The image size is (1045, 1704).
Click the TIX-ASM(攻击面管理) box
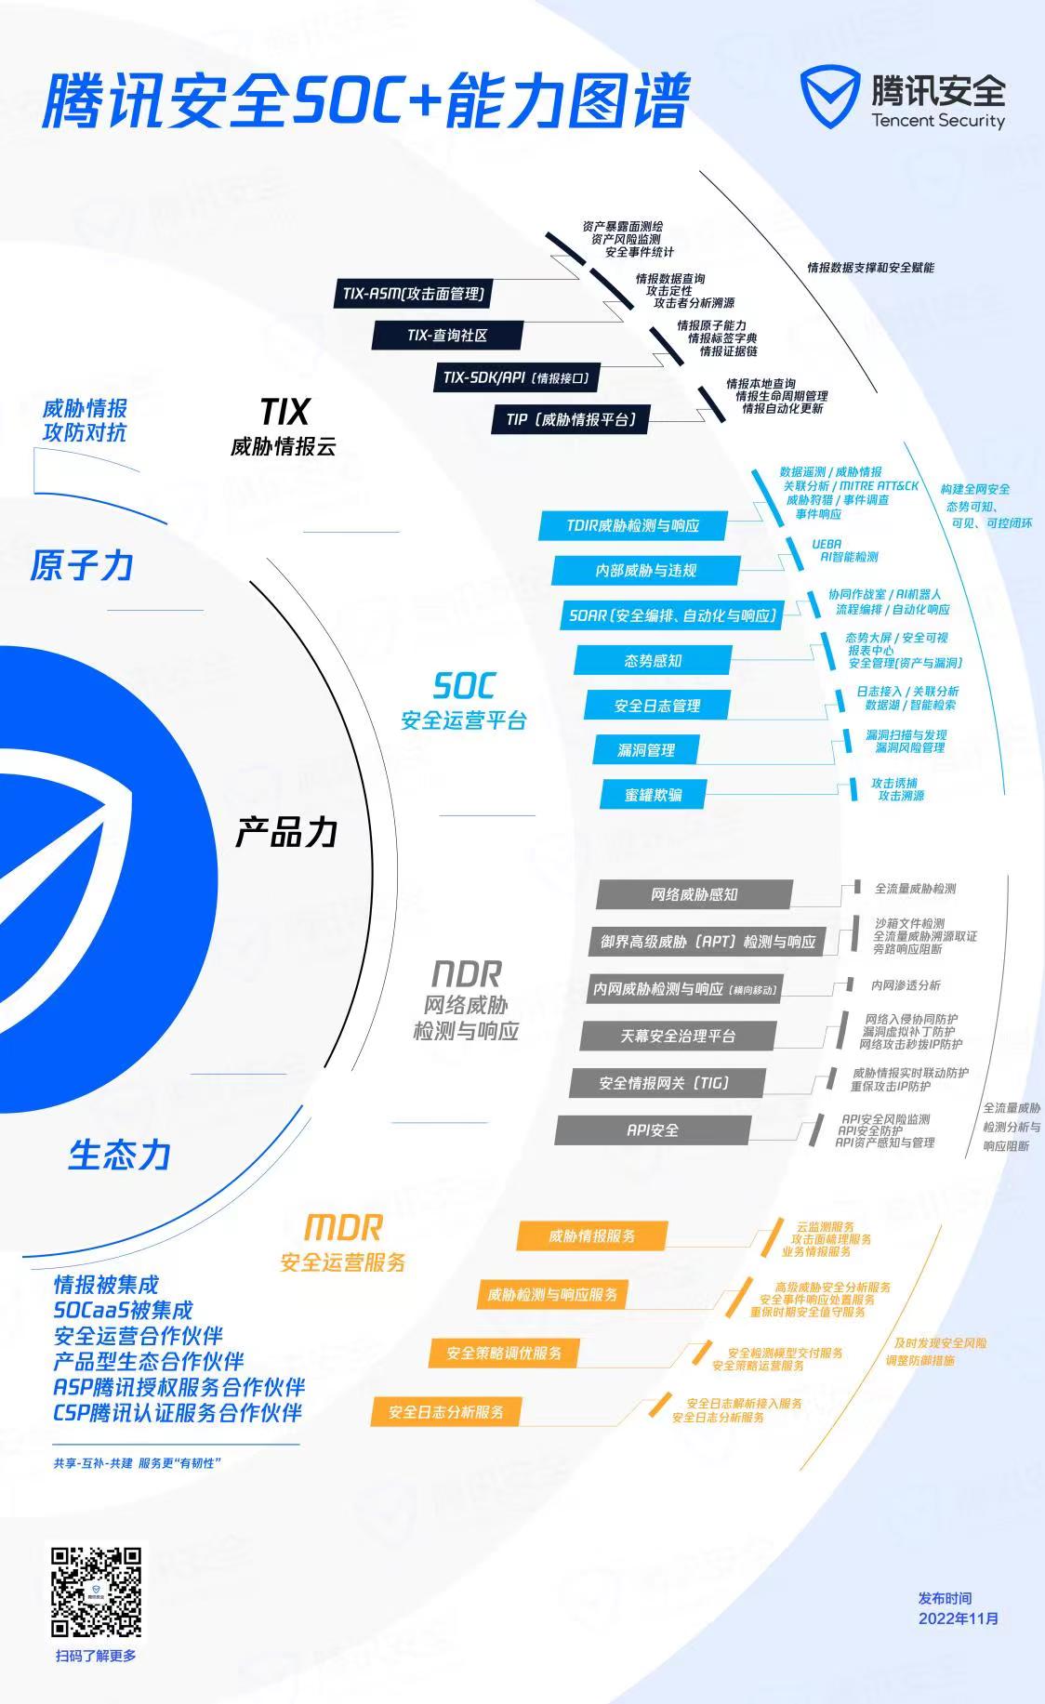pos(414,294)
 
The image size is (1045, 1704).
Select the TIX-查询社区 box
pos(447,336)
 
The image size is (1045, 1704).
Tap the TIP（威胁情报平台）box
pos(571,419)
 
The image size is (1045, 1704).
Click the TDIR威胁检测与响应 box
pos(632,525)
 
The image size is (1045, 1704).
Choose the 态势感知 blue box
pos(653,660)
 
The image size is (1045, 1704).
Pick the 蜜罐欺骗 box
pos(654,795)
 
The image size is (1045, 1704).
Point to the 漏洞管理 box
pos(646,749)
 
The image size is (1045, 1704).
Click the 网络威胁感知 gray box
pos(694,894)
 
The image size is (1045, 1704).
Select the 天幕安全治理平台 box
pos(678,1036)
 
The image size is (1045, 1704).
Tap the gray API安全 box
pos(653,1130)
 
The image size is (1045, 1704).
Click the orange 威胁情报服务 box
pos(591,1235)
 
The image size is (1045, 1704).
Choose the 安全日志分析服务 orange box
pos(446,1412)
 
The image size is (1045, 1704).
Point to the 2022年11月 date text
pos(959,1618)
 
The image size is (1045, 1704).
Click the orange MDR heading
pos(343,1227)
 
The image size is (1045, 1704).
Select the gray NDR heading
pos(466,974)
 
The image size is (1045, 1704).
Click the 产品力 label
pos(285,832)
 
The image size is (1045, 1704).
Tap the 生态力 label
pos(119,1155)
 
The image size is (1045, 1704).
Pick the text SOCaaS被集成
pos(123,1310)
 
